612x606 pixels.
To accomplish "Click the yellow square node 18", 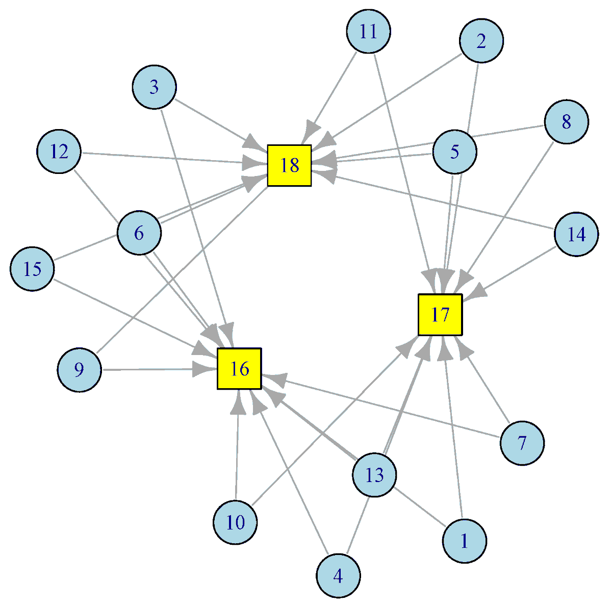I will tap(289, 165).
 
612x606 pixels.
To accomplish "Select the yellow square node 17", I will tap(440, 315).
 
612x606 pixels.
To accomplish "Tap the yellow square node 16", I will tap(239, 369).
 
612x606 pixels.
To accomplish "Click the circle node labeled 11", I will tap(368, 31).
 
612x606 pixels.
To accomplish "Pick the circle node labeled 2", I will tap(481, 41).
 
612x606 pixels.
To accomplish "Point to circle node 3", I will tap(154, 87).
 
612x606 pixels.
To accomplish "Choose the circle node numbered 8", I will tap(566, 122).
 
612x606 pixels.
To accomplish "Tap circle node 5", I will tap(454, 151).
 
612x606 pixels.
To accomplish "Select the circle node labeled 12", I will tap(59, 151).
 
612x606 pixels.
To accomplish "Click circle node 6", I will tap(139, 233).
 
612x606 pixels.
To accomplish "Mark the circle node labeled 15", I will tap(32, 269).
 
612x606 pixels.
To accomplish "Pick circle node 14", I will tap(576, 234).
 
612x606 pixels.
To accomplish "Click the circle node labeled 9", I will tap(79, 370).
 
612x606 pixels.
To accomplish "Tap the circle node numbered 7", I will tap(522, 443).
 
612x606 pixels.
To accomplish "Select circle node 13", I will tap(374, 475).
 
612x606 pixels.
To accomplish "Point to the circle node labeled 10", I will tap(235, 522).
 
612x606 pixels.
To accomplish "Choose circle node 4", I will tap(338, 576).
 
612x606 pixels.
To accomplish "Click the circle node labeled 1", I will tap(464, 541).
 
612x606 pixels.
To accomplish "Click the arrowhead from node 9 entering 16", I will tap(202, 369).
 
